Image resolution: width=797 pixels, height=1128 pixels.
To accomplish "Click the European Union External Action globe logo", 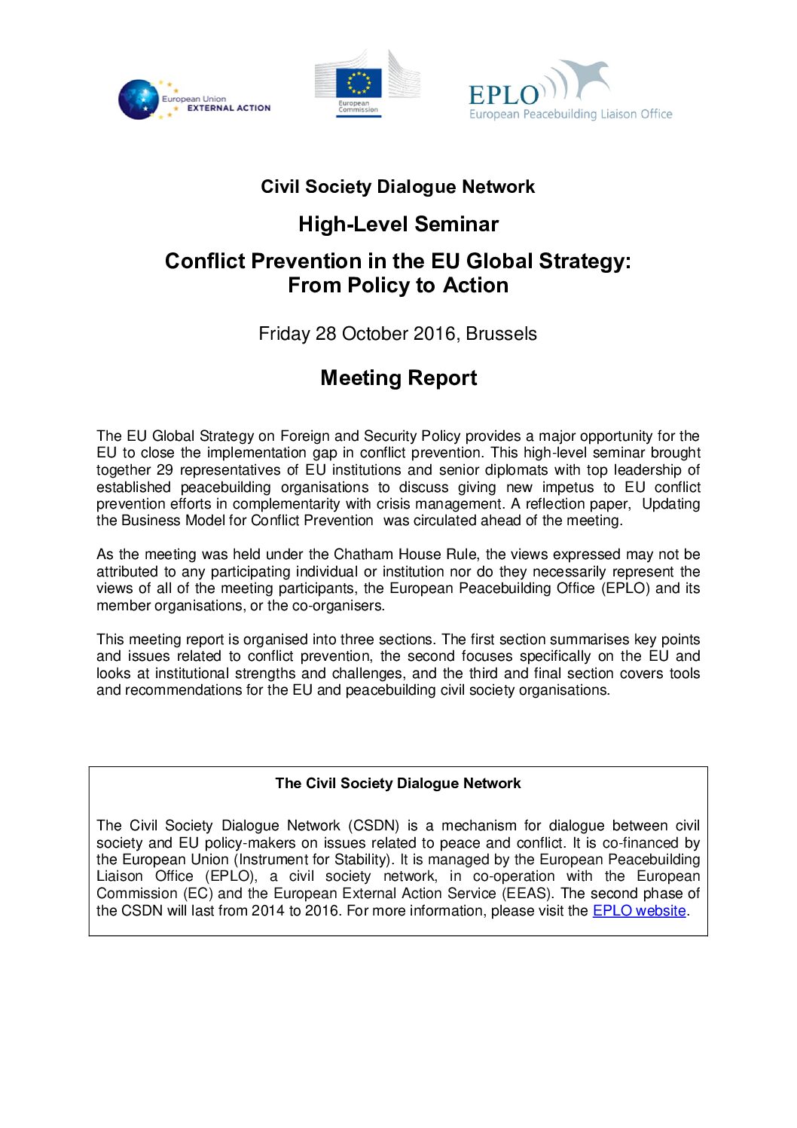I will pyautogui.click(x=138, y=99).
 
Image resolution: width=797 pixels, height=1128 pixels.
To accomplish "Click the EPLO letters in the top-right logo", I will pyautogui.click(x=503, y=95).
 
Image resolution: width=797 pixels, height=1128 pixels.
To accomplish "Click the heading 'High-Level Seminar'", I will pyautogui.click(x=398, y=224).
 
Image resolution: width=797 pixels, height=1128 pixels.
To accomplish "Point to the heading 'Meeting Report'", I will pyautogui.click(x=398, y=378).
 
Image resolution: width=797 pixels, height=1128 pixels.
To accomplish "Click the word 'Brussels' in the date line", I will pyautogui.click(x=501, y=334).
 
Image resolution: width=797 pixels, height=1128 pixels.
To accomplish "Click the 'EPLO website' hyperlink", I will pyautogui.click(x=639, y=910).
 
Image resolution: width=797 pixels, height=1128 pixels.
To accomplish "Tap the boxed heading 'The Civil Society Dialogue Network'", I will pyautogui.click(x=398, y=783).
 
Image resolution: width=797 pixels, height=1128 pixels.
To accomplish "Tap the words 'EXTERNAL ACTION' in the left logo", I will pyautogui.click(x=228, y=108).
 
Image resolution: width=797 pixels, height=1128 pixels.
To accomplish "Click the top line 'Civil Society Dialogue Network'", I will pyautogui.click(x=398, y=187).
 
